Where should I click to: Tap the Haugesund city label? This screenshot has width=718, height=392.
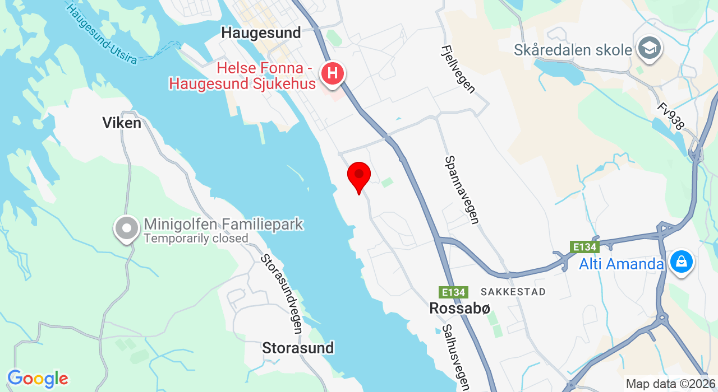click(x=261, y=32)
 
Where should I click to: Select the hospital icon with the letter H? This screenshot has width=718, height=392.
click(x=332, y=73)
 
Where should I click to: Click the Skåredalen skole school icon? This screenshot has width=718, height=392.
click(x=650, y=49)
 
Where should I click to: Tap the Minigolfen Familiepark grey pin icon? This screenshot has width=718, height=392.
click(x=127, y=228)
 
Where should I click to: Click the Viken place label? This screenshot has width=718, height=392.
click(x=122, y=123)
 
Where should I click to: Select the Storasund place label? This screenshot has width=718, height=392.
click(x=298, y=348)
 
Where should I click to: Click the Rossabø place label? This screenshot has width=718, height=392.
click(x=460, y=308)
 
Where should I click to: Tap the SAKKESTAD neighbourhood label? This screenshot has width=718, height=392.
click(x=513, y=292)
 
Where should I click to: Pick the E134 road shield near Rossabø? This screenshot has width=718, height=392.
click(x=453, y=292)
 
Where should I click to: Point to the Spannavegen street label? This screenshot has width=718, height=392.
click(x=462, y=190)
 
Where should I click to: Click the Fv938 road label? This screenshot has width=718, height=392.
click(x=671, y=116)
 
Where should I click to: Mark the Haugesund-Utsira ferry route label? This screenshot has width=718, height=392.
click(x=101, y=34)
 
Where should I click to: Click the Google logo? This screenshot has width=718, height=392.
click(x=38, y=379)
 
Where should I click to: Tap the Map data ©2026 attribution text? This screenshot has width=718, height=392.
click(x=670, y=384)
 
